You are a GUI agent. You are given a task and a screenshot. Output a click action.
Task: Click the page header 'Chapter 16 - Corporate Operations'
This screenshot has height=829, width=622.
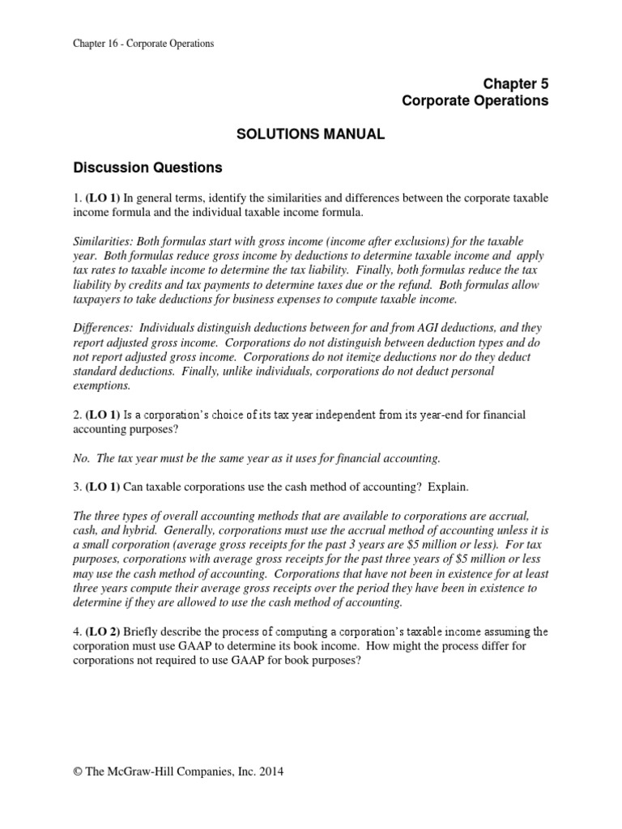coord(143,44)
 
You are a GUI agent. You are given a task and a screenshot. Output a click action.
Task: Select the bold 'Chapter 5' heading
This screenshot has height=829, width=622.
coord(516,83)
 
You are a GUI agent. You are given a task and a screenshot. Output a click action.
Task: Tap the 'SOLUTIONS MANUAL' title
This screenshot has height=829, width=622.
coord(310,134)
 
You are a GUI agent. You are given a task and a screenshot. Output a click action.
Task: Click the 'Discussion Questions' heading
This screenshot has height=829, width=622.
coord(147,168)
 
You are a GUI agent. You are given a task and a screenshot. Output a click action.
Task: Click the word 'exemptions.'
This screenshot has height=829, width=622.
coord(102,385)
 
